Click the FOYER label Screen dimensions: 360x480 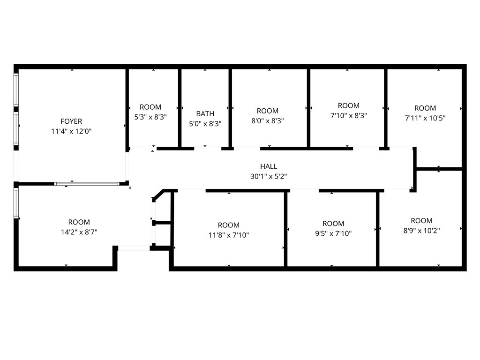[x=71, y=121]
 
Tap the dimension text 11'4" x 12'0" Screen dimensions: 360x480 [x=71, y=132]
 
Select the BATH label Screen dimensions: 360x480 [x=205, y=113]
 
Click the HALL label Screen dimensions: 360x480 [x=269, y=166]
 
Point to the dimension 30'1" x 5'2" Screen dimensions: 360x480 [x=269, y=177]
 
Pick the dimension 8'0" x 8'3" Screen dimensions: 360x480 [x=268, y=120]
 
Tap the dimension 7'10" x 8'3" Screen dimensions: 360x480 [x=349, y=115]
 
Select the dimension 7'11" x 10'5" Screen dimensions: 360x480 [x=425, y=118]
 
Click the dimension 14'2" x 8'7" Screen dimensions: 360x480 [x=79, y=232]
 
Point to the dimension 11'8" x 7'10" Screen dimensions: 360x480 [x=229, y=235]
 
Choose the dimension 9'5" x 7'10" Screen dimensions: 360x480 [x=333, y=233]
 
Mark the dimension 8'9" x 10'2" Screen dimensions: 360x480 [x=421, y=231]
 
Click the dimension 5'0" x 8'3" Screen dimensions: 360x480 [x=205, y=124]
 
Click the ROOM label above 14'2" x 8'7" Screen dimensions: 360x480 [x=79, y=222]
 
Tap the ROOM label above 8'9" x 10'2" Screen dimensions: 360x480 [x=421, y=221]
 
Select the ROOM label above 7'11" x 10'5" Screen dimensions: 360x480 [x=425, y=108]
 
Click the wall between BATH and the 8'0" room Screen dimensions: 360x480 [x=230, y=108]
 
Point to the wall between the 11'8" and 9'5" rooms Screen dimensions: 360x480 [x=285, y=230]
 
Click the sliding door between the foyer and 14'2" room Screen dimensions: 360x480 [x=86, y=184]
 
